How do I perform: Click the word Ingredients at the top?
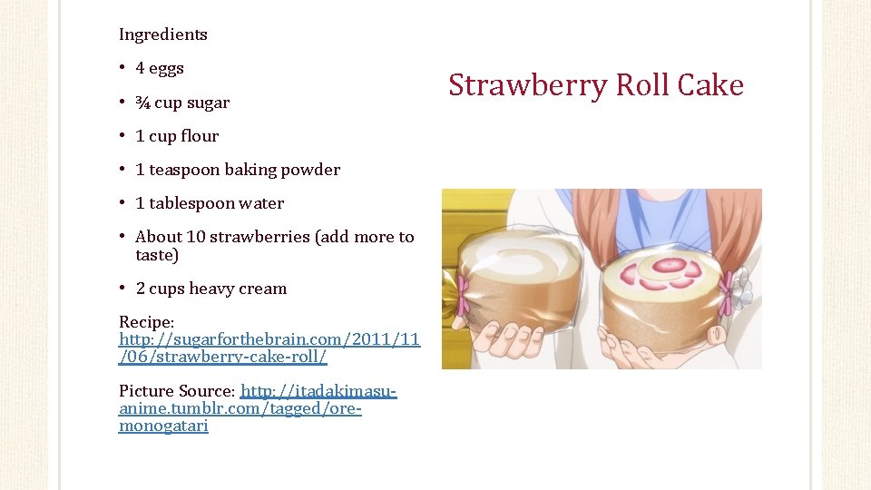(163, 34)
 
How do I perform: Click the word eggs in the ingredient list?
(167, 68)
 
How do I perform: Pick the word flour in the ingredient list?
(200, 136)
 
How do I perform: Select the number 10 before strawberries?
(196, 237)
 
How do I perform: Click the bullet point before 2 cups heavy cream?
(122, 289)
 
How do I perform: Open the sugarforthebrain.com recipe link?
(269, 348)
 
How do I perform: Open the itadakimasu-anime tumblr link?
(258, 408)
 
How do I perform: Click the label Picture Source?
(178, 391)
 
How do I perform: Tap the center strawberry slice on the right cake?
(670, 265)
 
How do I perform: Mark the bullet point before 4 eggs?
(122, 68)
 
